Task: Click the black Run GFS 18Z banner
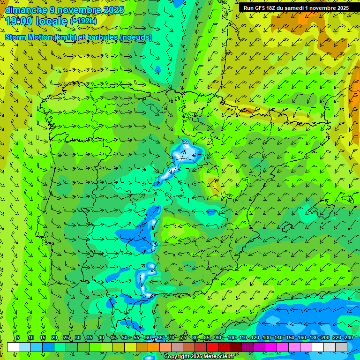click(296, 8)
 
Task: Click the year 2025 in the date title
click(111, 10)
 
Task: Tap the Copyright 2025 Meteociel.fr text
click(199, 357)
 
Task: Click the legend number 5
click(18, 337)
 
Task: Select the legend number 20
click(54, 337)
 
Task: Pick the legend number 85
click(207, 337)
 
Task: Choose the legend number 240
click(348, 337)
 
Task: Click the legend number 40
click(101, 337)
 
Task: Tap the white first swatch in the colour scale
click(13, 347)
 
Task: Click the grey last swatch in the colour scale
click(341, 347)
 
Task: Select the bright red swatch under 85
click(212, 347)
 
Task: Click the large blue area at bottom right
click(309, 323)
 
